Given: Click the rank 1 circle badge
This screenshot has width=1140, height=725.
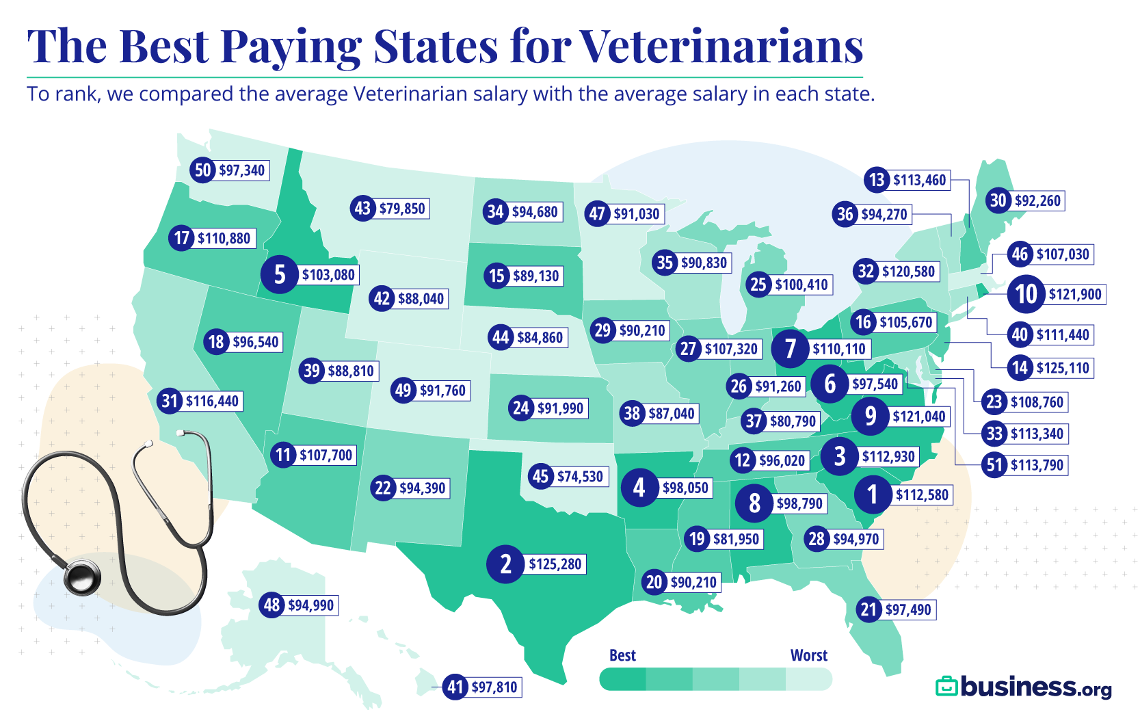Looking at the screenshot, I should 872,493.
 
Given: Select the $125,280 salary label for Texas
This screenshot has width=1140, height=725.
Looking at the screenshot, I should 555,564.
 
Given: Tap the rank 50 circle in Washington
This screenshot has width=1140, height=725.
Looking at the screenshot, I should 203,170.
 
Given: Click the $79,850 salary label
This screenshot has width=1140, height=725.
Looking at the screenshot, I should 402,209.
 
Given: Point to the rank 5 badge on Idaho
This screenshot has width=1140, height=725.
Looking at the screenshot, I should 279,274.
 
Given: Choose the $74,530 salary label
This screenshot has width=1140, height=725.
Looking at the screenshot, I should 580,476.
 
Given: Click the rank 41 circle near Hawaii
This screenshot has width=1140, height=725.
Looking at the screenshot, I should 455,687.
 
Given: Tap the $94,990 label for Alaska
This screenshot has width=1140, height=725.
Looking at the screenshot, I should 310,605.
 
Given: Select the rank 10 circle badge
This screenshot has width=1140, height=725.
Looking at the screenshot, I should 1025,294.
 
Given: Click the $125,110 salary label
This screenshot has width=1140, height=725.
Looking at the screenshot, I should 1062,368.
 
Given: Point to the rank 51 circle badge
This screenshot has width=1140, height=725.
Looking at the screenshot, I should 994,465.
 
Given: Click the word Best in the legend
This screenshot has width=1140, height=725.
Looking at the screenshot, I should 622,655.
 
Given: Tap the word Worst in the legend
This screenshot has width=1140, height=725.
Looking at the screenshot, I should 808,655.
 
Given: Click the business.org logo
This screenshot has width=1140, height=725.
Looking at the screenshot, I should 1024,687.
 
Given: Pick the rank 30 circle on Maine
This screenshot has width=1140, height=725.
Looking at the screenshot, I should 998,200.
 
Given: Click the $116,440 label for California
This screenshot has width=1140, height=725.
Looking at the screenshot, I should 212,401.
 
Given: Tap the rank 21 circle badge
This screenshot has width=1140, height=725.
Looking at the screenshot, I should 869,609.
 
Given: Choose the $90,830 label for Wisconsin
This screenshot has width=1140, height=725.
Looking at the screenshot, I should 704,263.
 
